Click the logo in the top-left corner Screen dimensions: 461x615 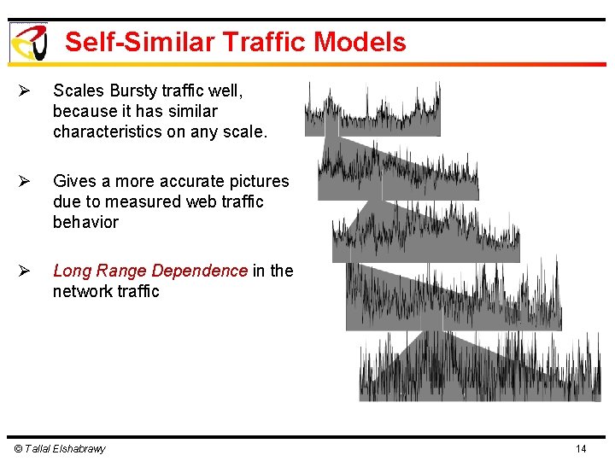pos(27,42)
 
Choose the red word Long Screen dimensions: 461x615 pos(72,271)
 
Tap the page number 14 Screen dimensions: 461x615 pos(581,449)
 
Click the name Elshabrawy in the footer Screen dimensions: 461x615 pos(78,449)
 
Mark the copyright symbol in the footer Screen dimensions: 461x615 pos(18,449)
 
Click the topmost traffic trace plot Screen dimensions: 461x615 pos(373,111)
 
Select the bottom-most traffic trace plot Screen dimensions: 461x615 pos(479,367)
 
